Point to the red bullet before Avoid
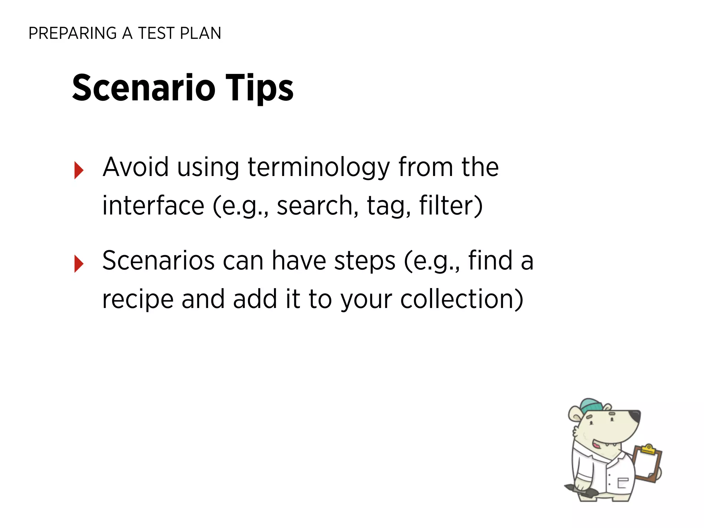point(79,170)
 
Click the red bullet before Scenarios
point(79,264)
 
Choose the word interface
point(153,206)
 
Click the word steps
point(365,261)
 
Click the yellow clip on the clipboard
point(648,449)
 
